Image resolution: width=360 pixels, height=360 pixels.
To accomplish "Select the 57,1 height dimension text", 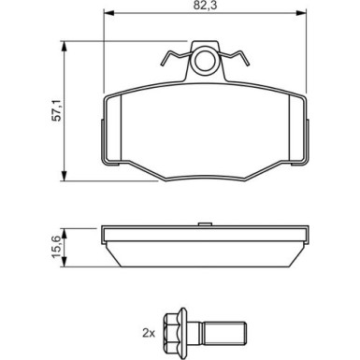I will point(55,111).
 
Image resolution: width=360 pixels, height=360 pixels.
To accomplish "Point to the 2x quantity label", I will point(149,332).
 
